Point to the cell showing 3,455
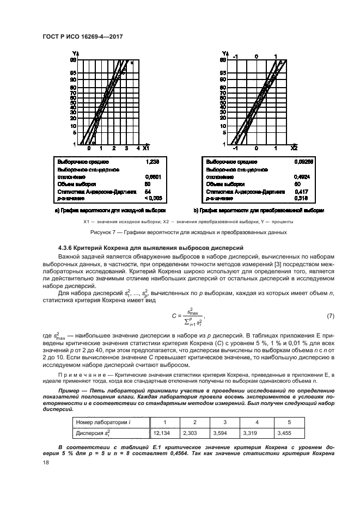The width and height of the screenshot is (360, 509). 286,433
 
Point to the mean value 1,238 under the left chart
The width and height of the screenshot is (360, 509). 154,162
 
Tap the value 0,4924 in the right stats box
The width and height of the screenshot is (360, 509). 301,177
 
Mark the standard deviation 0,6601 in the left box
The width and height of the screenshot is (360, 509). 154,177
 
